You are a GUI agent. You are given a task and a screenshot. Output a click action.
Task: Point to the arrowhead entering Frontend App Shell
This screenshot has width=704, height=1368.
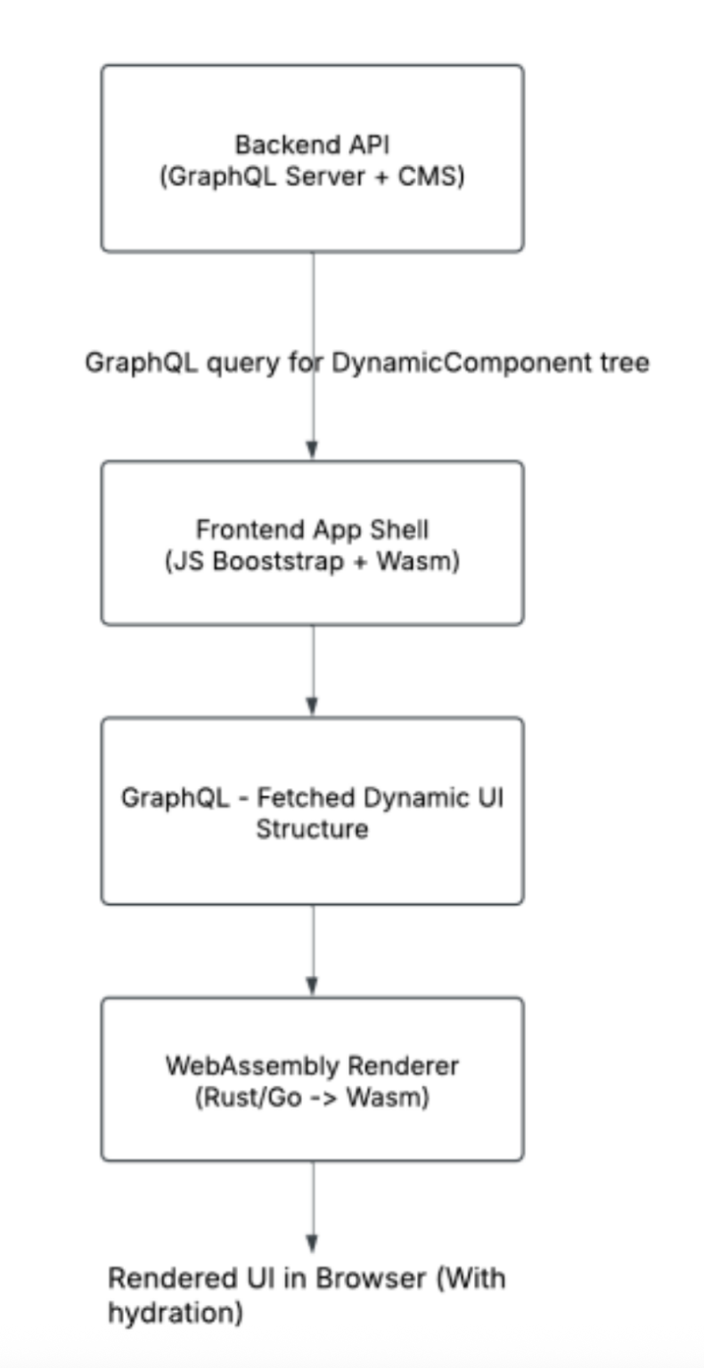point(312,450)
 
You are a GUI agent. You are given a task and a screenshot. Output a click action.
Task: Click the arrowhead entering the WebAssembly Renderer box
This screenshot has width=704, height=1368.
point(312,987)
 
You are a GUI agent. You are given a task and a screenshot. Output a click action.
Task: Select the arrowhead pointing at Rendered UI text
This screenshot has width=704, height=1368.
point(312,1244)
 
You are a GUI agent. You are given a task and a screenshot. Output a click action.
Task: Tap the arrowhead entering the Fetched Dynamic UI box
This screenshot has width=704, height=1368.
point(312,706)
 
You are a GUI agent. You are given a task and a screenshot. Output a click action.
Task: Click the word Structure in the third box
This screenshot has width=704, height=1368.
point(312,829)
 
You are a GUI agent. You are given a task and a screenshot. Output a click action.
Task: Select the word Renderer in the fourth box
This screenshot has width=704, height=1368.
point(406,1064)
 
